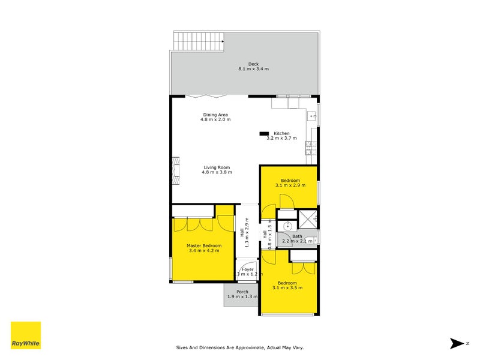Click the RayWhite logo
26,335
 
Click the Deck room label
253,64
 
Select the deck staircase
199,41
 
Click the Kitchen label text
281,133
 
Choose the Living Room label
217,167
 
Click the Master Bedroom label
204,246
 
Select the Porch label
242,292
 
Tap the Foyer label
247,269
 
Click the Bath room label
297,236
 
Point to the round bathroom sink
288,226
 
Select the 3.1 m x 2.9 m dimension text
290,186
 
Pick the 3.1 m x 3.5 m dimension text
287,288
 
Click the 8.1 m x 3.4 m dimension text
253,70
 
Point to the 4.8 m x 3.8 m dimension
217,173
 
